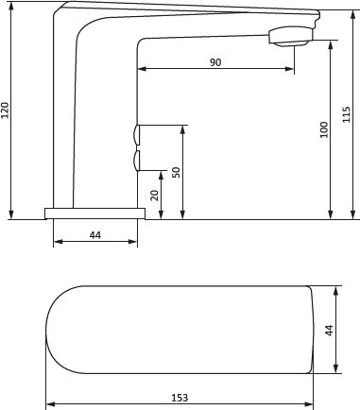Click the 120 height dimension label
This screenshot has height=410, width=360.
point(6,111)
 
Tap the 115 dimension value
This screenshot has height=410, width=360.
point(347,114)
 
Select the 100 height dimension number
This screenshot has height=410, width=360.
point(324,129)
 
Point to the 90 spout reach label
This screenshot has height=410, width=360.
point(215,62)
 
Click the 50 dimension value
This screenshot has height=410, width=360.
point(177,173)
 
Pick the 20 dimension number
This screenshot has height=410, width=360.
point(155,196)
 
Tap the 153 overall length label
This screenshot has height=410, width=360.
point(180,398)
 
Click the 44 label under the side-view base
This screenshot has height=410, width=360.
point(95,235)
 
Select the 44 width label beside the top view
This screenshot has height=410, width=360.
point(329,331)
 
